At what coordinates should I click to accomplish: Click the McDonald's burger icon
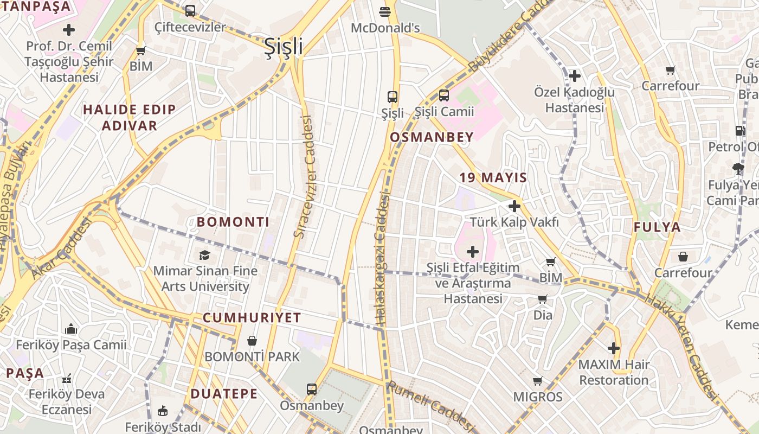[385, 11]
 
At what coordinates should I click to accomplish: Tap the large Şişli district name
[283, 47]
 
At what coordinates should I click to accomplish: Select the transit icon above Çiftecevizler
[190, 11]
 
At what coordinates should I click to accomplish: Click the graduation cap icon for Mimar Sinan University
[204, 255]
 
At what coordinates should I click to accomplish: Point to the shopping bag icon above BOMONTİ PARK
[252, 341]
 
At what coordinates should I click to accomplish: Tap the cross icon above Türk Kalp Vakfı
[514, 206]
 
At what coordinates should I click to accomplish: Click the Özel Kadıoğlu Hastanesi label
[574, 100]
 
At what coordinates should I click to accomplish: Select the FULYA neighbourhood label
[657, 227]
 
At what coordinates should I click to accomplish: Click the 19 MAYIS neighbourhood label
[493, 178]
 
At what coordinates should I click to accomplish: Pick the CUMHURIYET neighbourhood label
[252, 318]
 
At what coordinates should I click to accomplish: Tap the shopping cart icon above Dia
[542, 299]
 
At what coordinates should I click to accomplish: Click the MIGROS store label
[537, 397]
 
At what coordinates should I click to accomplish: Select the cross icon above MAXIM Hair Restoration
[613, 348]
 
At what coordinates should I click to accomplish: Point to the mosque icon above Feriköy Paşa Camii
[70, 329]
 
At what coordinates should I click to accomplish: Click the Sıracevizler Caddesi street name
[304, 177]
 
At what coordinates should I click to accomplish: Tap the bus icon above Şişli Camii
[443, 95]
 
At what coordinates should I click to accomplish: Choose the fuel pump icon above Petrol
[740, 131]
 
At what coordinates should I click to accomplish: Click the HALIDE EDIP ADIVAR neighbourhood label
[129, 118]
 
